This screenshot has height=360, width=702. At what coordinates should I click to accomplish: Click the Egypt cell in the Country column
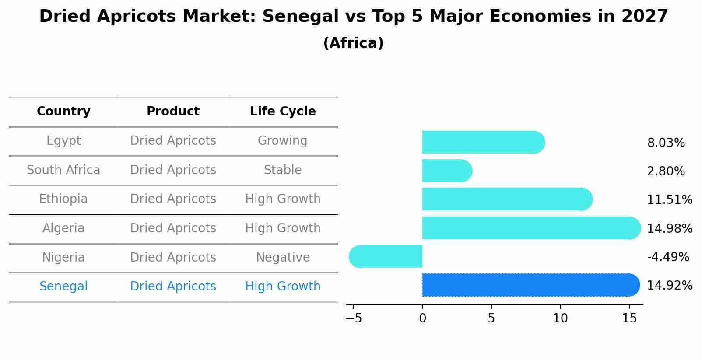click(x=63, y=141)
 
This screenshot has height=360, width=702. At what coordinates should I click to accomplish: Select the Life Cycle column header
click(x=283, y=112)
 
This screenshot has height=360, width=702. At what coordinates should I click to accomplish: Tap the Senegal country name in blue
click(x=63, y=287)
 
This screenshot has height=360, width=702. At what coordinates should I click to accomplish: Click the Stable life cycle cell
click(x=283, y=170)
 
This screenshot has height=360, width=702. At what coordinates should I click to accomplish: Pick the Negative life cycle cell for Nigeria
click(x=283, y=257)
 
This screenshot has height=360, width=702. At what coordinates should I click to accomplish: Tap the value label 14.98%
click(x=669, y=229)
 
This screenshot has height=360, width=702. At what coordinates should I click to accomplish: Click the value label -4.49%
click(x=668, y=257)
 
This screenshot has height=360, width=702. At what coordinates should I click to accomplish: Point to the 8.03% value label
click(x=666, y=143)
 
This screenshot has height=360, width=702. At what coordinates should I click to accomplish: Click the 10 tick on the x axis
click(x=560, y=318)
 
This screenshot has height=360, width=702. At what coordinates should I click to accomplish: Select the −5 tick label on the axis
click(x=354, y=318)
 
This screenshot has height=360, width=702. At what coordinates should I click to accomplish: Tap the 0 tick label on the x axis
click(x=422, y=318)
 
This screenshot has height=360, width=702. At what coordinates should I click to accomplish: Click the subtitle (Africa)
click(x=353, y=43)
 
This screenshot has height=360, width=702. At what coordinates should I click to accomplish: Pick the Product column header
click(x=173, y=112)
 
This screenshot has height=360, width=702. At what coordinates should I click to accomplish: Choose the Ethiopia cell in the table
click(x=63, y=199)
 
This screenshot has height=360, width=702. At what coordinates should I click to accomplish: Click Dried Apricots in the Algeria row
click(x=173, y=228)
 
